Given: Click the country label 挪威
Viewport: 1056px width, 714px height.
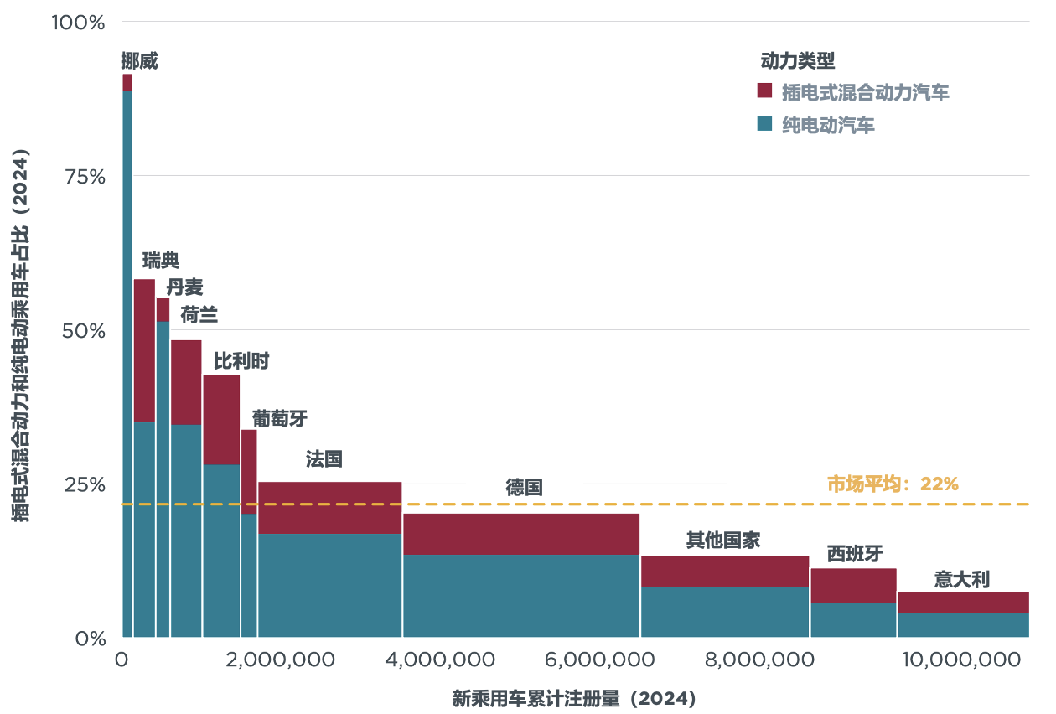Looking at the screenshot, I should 139,61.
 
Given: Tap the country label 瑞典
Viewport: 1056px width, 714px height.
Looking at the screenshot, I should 161,260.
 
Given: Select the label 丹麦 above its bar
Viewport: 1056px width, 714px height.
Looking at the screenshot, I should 184,287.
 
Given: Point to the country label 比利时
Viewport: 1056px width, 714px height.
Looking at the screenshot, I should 241,361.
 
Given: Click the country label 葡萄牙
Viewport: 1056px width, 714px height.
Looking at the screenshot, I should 280,419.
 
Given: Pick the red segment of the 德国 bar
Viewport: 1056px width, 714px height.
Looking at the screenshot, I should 521,534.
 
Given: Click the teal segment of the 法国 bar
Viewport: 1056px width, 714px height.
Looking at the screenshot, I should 329,585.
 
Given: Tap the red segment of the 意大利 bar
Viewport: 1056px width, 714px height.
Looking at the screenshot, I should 963,603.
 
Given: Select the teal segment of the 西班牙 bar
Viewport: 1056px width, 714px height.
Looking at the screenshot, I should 853,619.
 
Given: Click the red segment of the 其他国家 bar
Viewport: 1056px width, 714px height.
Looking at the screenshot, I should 725,571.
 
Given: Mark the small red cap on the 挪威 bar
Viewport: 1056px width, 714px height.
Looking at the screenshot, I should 127,81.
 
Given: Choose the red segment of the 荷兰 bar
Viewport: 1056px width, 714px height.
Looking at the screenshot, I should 186,382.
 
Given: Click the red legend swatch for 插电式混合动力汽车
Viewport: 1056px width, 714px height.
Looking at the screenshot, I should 764,91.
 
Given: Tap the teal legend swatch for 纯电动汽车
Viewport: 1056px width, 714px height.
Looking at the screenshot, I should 764,124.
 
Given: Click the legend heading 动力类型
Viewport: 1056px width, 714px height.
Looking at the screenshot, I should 797,61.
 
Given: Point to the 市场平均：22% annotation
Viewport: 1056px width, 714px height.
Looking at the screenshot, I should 892,484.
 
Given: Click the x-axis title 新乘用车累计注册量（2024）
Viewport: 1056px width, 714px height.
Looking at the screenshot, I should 574,698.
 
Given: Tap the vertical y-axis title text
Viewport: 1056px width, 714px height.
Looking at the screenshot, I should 22,335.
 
